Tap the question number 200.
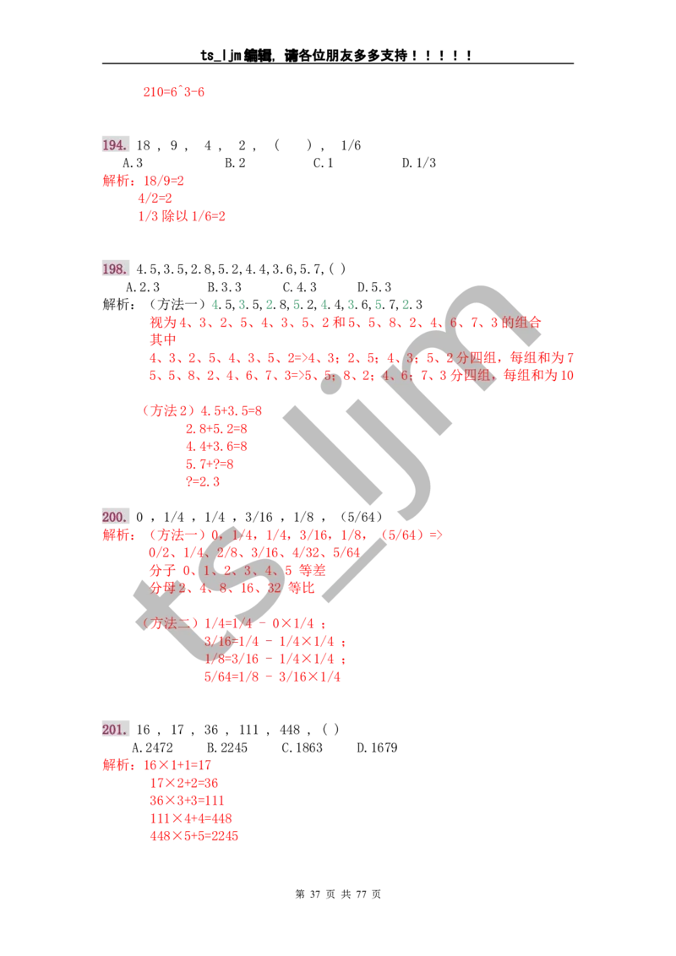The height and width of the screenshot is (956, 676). pos(115,517)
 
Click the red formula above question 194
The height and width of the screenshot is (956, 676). pos(174,91)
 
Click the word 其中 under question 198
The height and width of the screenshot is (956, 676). pos(162,339)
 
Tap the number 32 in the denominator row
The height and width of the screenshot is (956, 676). pos(274,588)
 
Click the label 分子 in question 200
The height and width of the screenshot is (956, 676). pos(161,570)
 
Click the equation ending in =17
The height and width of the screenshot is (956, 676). pos(180,765)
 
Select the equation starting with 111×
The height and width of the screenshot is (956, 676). pos(191,818)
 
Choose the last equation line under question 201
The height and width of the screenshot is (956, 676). pos(194,836)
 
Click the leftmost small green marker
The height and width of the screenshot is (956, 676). pos(215,303)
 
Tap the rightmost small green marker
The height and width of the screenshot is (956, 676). pos(406,303)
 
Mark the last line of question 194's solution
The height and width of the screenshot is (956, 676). pos(183,216)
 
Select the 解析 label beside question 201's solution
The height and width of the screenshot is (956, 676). pos(117,766)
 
